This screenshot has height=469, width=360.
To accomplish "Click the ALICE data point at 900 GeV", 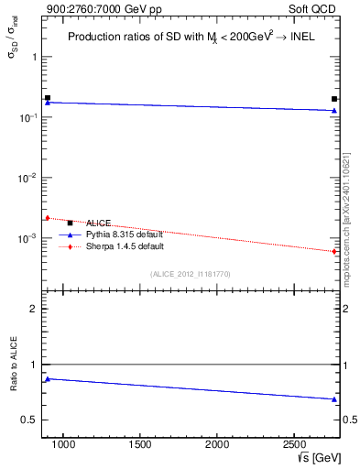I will click(48, 97).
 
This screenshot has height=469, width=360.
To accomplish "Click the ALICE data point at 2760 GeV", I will click(334, 99).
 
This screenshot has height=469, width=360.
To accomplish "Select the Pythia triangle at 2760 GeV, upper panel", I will click(334, 111).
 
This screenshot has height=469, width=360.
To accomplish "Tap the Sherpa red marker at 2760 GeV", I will click(334, 251).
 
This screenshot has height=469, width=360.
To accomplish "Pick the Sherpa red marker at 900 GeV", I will click(48, 218).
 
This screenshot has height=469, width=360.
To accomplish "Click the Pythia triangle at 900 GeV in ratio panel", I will click(48, 378).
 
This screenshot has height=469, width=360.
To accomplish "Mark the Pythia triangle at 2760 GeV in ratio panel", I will click(334, 398).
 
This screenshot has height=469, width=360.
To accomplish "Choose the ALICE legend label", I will click(98, 223).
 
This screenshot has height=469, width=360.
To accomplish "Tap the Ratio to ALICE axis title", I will click(13, 365).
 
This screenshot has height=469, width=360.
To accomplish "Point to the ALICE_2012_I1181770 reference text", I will click(190, 274).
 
